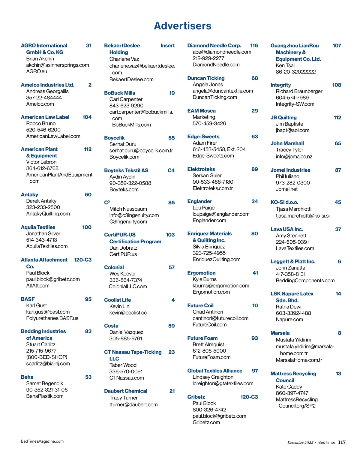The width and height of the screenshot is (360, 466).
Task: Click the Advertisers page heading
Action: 182,26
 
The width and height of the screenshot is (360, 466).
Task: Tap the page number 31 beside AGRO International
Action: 89,46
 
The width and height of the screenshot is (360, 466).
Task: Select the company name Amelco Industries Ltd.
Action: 47,85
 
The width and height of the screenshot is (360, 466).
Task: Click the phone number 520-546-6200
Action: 43,130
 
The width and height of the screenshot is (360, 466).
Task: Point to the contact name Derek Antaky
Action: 41,201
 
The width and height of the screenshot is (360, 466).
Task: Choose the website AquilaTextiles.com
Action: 47,246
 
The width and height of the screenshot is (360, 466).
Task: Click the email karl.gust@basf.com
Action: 48,312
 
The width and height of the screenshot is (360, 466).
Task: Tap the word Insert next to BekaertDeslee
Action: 167,46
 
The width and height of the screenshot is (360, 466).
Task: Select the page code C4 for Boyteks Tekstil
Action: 171,170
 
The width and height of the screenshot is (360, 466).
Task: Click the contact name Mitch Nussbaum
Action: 128,209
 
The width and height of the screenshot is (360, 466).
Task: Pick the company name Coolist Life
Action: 117,300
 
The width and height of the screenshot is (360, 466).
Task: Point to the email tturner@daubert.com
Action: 133,404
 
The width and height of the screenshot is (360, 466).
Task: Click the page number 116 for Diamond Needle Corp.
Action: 254,46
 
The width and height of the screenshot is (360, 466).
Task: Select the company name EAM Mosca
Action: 201,111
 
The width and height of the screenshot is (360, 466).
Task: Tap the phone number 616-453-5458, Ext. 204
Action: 219,149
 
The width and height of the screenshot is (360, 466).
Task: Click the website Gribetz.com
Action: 206,422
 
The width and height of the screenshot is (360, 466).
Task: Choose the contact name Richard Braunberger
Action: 299,91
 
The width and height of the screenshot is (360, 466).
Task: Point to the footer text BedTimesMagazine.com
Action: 42,441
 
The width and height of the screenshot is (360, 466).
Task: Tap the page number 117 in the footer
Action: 342,442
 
